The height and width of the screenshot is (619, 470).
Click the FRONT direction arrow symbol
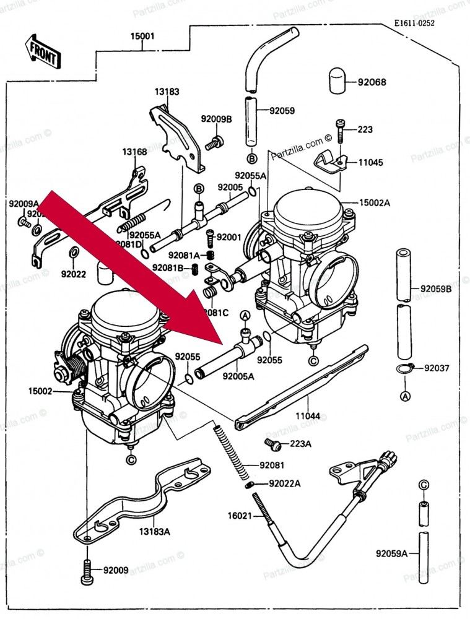pyautogui.click(x=42, y=51)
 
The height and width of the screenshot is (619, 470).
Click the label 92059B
pyautogui.click(x=436, y=288)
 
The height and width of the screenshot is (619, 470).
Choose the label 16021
pyautogui.click(x=240, y=515)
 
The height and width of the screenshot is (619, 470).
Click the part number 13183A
pyautogui.click(x=154, y=530)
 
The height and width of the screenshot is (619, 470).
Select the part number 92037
pyautogui.click(x=437, y=368)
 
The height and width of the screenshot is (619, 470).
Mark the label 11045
pyautogui.click(x=370, y=163)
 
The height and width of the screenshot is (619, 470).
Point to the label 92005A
pyautogui.click(x=238, y=375)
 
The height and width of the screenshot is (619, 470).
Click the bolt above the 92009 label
pyautogui.click(x=86, y=569)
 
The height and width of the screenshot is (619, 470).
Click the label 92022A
pyautogui.click(x=285, y=483)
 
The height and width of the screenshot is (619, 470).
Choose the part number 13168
pyautogui.click(x=134, y=152)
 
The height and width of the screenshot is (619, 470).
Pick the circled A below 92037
pyautogui.click(x=405, y=395)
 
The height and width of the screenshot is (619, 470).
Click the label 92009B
pyautogui.click(x=215, y=118)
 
